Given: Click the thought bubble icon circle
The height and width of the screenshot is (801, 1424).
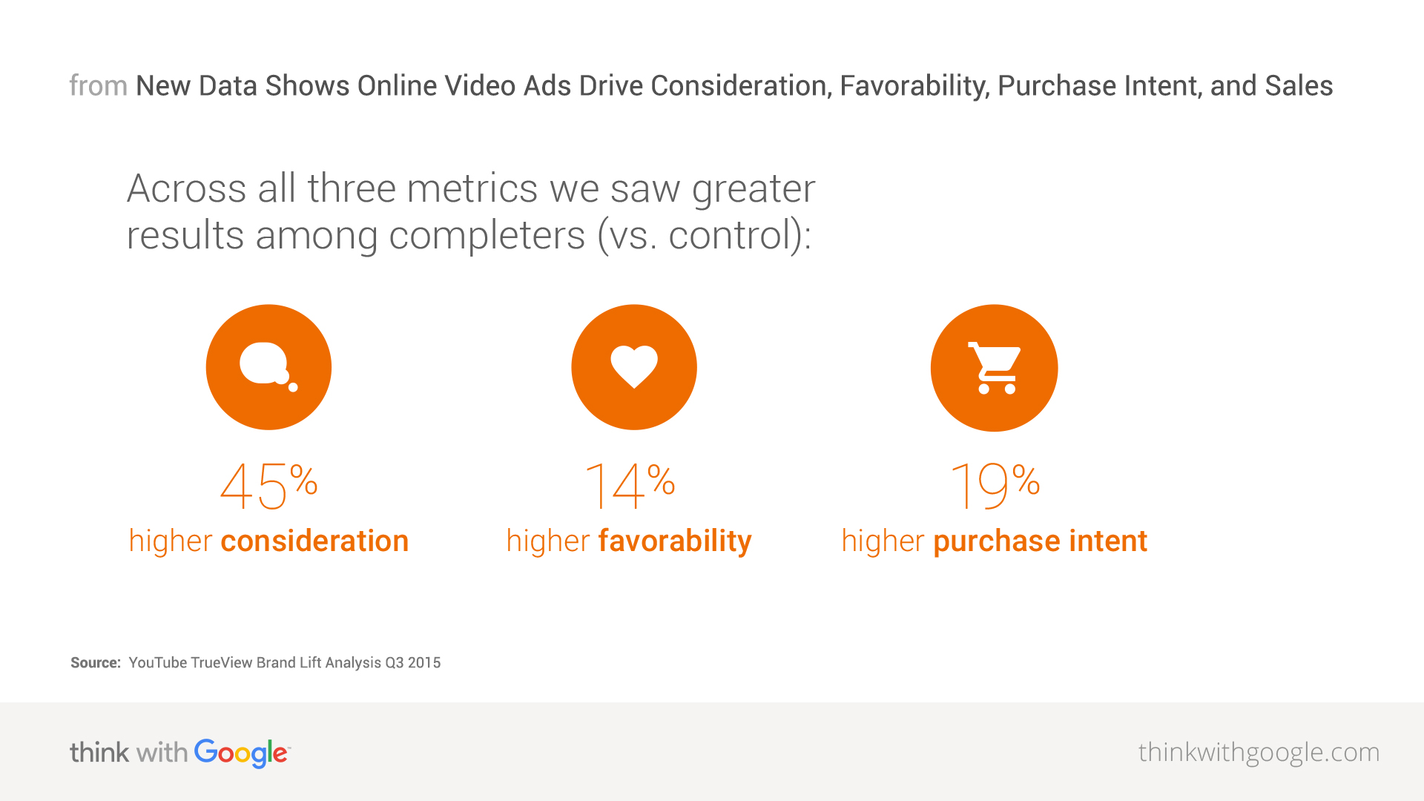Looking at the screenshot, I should pyautogui.click(x=268, y=367).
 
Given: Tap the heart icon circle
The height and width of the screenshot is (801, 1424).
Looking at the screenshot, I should pyautogui.click(x=634, y=367).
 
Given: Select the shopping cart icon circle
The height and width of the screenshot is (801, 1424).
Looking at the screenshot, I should pyautogui.click(x=994, y=368).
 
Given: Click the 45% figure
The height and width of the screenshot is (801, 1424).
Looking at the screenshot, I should pyautogui.click(x=268, y=486).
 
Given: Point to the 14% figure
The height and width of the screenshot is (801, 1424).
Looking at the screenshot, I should pyautogui.click(x=630, y=486).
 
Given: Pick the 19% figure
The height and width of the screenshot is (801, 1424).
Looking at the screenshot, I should pyautogui.click(x=995, y=486).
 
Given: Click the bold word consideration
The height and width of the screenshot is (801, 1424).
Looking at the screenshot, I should pyautogui.click(x=314, y=541).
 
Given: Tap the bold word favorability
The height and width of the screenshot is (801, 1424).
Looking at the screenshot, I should pyautogui.click(x=675, y=541).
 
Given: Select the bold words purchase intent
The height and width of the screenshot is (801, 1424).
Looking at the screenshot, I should pyautogui.click(x=1040, y=541).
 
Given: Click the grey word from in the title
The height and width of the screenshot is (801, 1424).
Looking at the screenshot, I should pyautogui.click(x=98, y=86).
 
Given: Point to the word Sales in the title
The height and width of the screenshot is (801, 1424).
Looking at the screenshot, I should pyautogui.click(x=1299, y=86).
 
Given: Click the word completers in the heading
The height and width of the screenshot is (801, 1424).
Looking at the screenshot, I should pyautogui.click(x=487, y=236).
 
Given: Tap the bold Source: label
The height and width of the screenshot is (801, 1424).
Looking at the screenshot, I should pyautogui.click(x=95, y=662).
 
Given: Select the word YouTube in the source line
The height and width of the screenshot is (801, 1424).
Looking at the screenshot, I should pyautogui.click(x=157, y=662).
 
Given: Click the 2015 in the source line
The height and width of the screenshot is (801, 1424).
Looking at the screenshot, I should pyautogui.click(x=424, y=662).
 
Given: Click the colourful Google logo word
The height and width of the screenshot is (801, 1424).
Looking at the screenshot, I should pyautogui.click(x=241, y=753).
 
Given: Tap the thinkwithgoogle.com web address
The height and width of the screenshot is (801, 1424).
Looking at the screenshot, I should pyautogui.click(x=1259, y=752).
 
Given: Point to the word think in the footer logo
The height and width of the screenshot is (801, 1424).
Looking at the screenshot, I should pyautogui.click(x=99, y=752).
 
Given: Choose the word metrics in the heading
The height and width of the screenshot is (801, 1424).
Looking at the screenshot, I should pyautogui.click(x=472, y=188).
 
